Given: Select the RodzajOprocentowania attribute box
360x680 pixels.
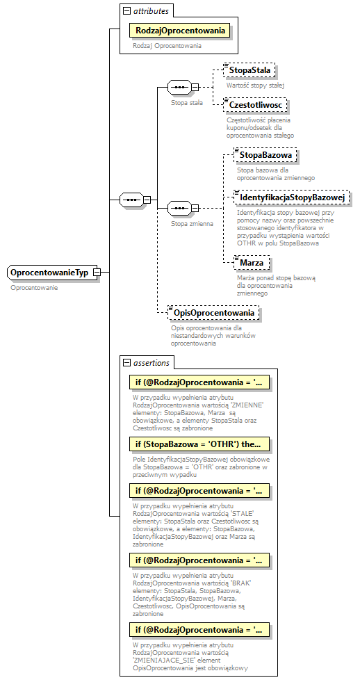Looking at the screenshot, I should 180,31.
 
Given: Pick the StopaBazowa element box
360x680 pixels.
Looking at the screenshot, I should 265,154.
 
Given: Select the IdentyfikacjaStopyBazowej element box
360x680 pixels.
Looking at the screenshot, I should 291,197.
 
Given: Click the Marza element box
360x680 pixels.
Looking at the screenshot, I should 252,263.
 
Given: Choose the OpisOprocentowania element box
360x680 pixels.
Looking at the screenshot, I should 215,313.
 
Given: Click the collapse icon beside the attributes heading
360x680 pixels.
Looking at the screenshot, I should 126,10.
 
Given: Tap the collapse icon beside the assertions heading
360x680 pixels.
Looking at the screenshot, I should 126,363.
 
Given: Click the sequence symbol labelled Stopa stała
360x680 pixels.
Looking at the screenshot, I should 180,88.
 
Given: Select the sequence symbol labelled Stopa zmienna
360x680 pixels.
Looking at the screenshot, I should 180,208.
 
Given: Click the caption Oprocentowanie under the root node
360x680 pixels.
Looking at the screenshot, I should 34,287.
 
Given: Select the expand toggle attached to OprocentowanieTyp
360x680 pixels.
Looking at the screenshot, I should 98,273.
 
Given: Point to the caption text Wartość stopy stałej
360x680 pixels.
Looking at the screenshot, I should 255,85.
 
